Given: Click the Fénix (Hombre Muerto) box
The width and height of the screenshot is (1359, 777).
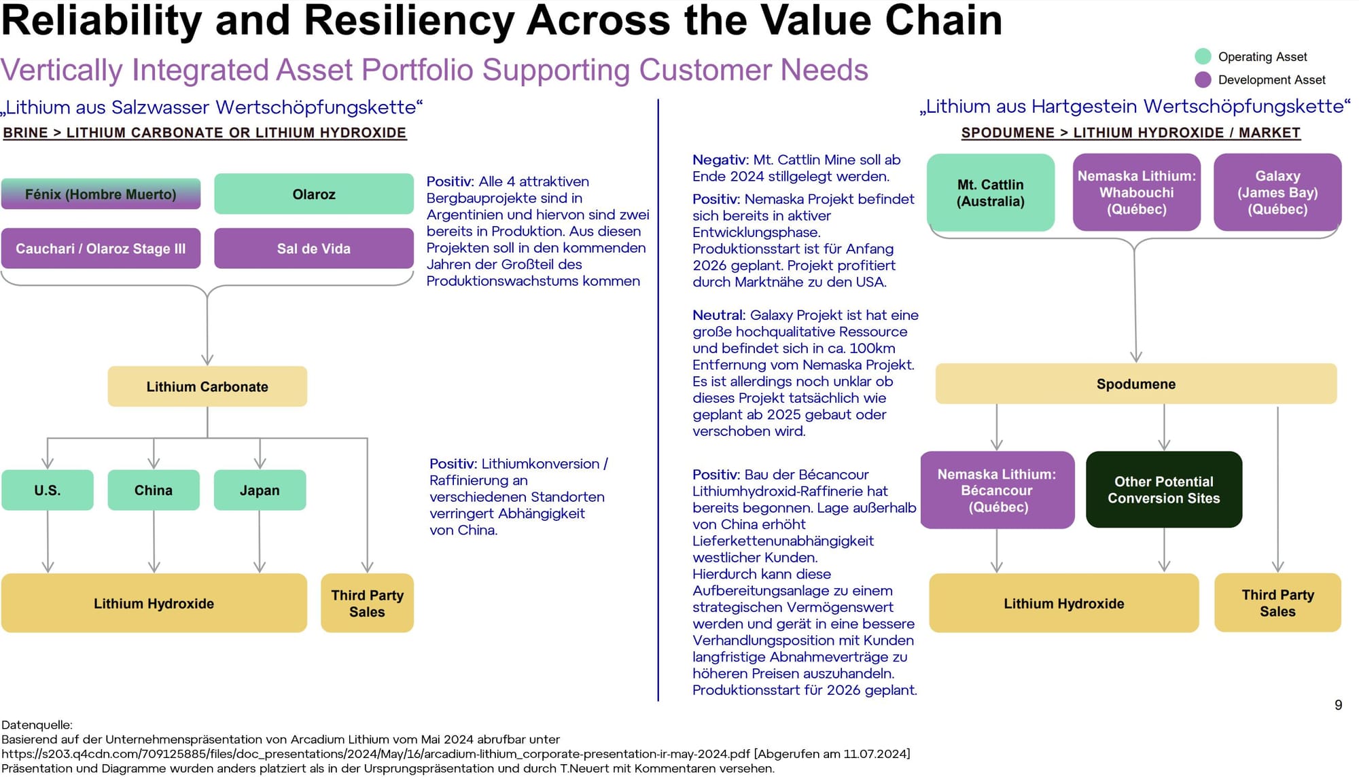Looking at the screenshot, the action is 101,194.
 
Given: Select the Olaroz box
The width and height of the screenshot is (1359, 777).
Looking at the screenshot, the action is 314,194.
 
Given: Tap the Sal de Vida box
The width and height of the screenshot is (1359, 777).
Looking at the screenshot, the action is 314,249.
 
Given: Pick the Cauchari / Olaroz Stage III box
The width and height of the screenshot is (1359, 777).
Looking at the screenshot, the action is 101,249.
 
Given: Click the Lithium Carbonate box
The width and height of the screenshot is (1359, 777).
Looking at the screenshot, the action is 207,386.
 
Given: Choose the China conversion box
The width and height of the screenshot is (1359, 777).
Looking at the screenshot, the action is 154,490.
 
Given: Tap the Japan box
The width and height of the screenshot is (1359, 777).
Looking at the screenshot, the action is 260,490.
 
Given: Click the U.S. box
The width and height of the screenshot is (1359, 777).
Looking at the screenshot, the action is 48,490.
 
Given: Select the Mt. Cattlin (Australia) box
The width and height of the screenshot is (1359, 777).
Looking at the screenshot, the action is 991,193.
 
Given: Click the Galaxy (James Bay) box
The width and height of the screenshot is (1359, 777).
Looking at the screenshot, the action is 1277,193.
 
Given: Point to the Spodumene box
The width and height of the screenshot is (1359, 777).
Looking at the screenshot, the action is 1136,384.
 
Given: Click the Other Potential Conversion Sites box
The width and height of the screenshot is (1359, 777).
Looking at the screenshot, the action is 1164,490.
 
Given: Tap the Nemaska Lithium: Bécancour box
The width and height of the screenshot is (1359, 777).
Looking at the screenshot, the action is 998,490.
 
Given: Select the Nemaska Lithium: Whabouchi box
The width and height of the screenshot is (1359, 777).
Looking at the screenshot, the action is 1137,193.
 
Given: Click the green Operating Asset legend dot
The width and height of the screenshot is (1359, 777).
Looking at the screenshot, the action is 1203,56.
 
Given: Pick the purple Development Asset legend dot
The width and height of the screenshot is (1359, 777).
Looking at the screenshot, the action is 1203,79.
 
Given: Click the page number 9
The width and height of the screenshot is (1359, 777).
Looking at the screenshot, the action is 1338,705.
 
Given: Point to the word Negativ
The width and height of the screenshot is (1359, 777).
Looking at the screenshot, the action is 720,160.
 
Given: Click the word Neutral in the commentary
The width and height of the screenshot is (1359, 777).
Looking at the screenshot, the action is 718,315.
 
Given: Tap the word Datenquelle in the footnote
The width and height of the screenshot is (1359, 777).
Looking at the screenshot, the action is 37,725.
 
